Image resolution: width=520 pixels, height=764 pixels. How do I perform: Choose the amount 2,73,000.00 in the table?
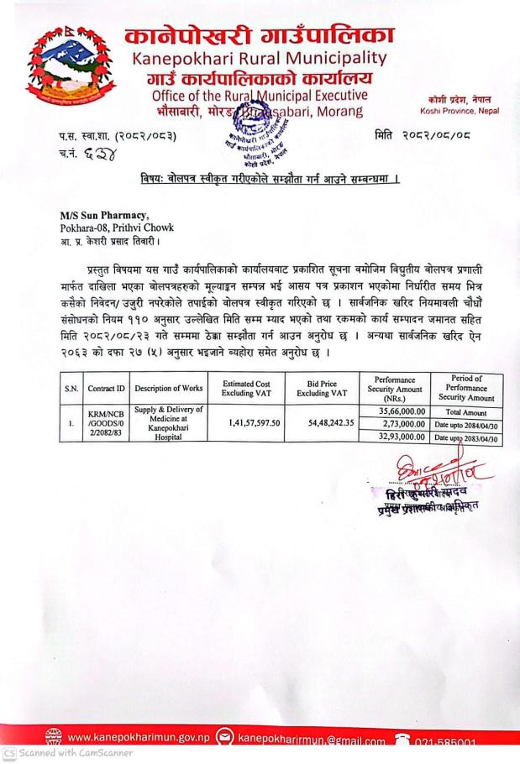tap(397, 425)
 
